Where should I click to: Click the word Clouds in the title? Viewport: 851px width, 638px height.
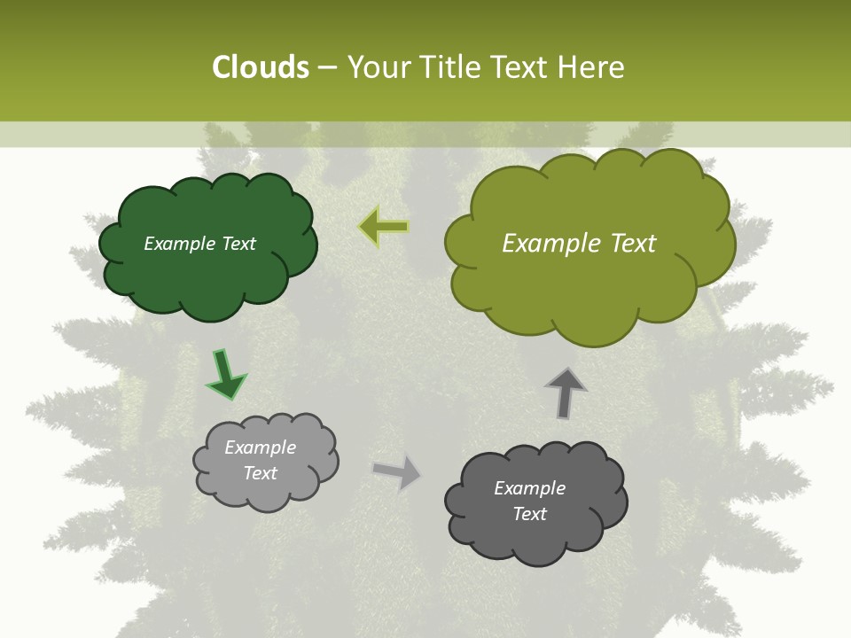pos(261,67)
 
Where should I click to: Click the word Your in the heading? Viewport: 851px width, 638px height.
pos(379,67)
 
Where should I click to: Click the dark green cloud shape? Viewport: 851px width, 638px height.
pos(207,275)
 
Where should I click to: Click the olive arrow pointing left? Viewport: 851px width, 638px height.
pos(384,227)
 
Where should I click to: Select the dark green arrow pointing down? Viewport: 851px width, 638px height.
pos(225,375)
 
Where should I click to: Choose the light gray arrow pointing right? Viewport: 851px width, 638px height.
pos(398,472)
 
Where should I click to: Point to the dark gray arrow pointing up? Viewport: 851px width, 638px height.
pos(565,393)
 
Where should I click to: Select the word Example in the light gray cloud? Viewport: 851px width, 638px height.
pos(260,447)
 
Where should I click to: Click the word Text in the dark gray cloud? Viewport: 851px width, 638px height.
pos(529,515)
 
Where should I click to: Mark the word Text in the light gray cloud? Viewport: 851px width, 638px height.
pos(260,473)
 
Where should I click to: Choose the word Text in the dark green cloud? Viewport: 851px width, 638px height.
pos(238,244)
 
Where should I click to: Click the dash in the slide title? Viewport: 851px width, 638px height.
pos(327,68)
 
